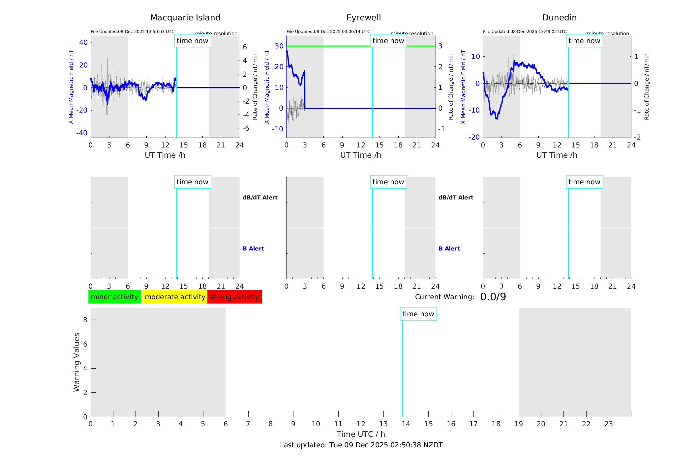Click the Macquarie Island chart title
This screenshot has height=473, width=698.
[x=185, y=18]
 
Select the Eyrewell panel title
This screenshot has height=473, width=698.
[x=363, y=18]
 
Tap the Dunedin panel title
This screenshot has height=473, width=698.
[x=559, y=18]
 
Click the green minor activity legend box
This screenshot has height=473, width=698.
[x=114, y=297]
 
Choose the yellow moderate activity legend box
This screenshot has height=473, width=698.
[x=175, y=297]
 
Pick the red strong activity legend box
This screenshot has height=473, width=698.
[x=234, y=297]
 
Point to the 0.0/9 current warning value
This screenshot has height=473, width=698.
[x=493, y=297]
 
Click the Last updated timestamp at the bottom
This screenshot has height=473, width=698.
[x=361, y=445]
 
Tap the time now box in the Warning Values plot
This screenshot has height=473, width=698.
[x=418, y=314]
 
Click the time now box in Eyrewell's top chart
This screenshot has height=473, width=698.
[x=388, y=41]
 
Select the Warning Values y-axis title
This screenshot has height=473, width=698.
[x=77, y=362]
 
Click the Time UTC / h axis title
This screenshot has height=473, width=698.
[x=361, y=434]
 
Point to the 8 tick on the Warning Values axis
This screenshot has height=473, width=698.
[x=85, y=320]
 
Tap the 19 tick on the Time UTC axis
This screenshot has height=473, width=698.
[x=519, y=424]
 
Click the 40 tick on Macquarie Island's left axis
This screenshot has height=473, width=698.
[x=83, y=42]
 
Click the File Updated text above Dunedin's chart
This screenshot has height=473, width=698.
[x=525, y=32]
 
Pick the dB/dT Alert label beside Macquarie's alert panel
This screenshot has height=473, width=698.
[x=260, y=197]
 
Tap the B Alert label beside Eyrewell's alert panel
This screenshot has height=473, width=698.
[x=449, y=249]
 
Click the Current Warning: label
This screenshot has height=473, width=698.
[x=444, y=297]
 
